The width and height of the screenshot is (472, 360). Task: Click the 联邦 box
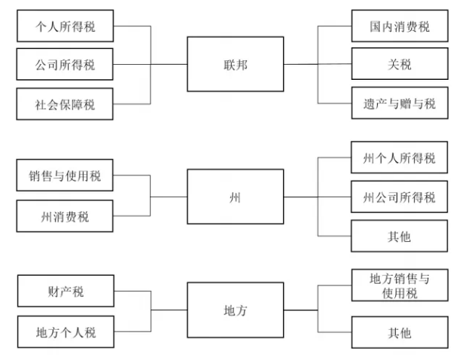point(235,64)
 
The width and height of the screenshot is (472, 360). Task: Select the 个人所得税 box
point(65,26)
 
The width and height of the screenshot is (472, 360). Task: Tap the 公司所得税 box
point(65,64)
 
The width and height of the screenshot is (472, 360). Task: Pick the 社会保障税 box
point(65,103)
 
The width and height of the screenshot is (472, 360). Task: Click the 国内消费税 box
point(399,26)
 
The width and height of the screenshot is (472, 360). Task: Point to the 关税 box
point(399,64)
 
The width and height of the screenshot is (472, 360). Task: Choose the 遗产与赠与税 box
point(399,103)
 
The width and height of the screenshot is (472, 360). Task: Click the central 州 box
point(235,196)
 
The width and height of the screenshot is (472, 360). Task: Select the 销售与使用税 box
point(65,177)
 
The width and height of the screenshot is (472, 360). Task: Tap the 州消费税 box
point(65,216)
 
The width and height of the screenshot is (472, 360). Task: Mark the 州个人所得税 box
point(399,157)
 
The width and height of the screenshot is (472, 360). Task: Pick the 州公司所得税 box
point(399,197)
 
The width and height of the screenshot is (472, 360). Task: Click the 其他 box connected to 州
point(399,236)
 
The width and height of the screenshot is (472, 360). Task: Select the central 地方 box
point(235,310)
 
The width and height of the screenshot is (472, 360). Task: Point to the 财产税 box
point(65,291)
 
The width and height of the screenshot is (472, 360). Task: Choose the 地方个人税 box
point(65,331)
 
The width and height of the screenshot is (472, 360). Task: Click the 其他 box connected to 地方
point(399,331)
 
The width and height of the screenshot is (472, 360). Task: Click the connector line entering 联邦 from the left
point(169,64)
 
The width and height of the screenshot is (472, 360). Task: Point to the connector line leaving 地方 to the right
point(301,310)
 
